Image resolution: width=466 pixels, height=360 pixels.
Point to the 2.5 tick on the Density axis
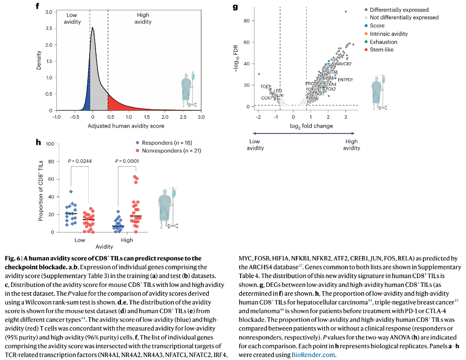[49, 28]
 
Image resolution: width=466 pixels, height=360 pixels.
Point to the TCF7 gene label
[265, 86]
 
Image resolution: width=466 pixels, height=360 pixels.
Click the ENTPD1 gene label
[345, 79]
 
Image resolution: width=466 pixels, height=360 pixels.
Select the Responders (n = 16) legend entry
[170, 143]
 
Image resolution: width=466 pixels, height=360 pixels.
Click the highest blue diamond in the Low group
[71, 191]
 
